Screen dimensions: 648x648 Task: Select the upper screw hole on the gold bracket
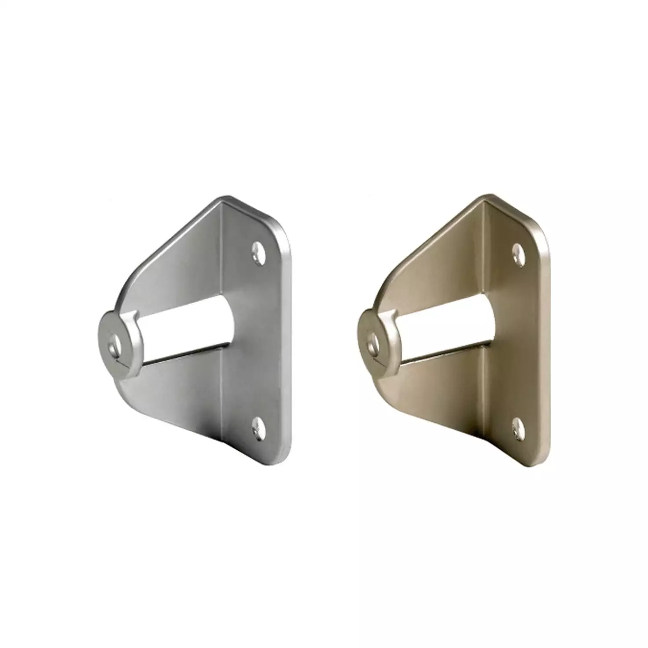(519, 254)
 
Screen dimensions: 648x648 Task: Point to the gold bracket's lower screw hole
(519, 427)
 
